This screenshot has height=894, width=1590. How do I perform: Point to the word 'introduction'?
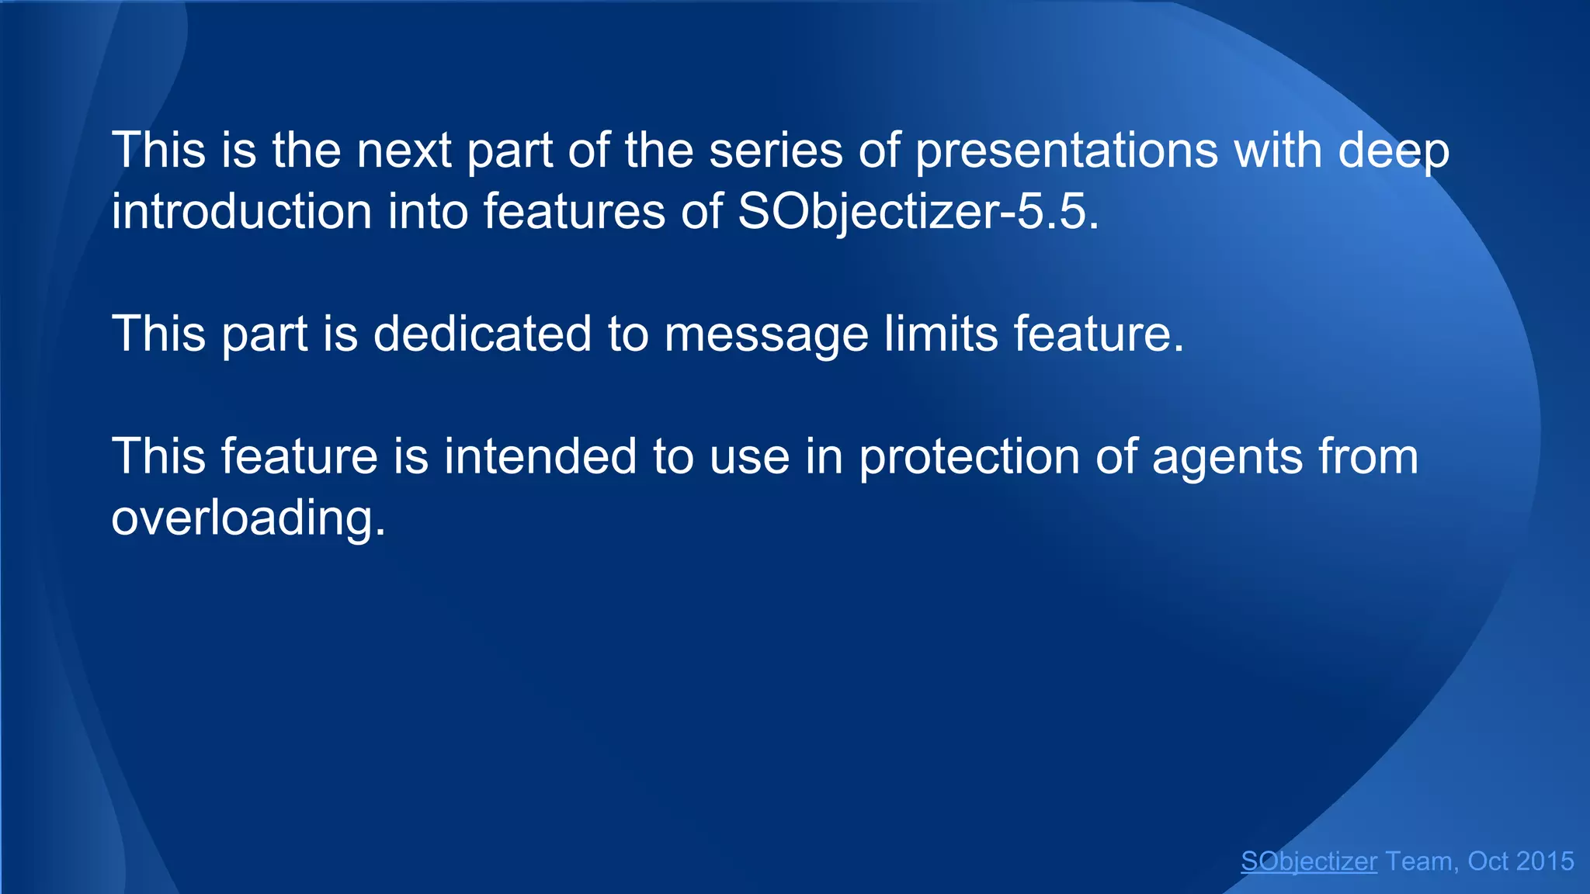tap(241, 211)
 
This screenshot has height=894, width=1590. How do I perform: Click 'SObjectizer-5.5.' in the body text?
tap(918, 211)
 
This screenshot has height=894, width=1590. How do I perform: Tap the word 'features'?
tap(574, 211)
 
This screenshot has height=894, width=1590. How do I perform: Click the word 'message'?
tap(765, 335)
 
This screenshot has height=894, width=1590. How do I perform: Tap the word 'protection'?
tap(970, 458)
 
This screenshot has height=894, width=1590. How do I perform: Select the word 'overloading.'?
tap(248, 518)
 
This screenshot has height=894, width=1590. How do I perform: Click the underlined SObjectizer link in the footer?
tap(1309, 861)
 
